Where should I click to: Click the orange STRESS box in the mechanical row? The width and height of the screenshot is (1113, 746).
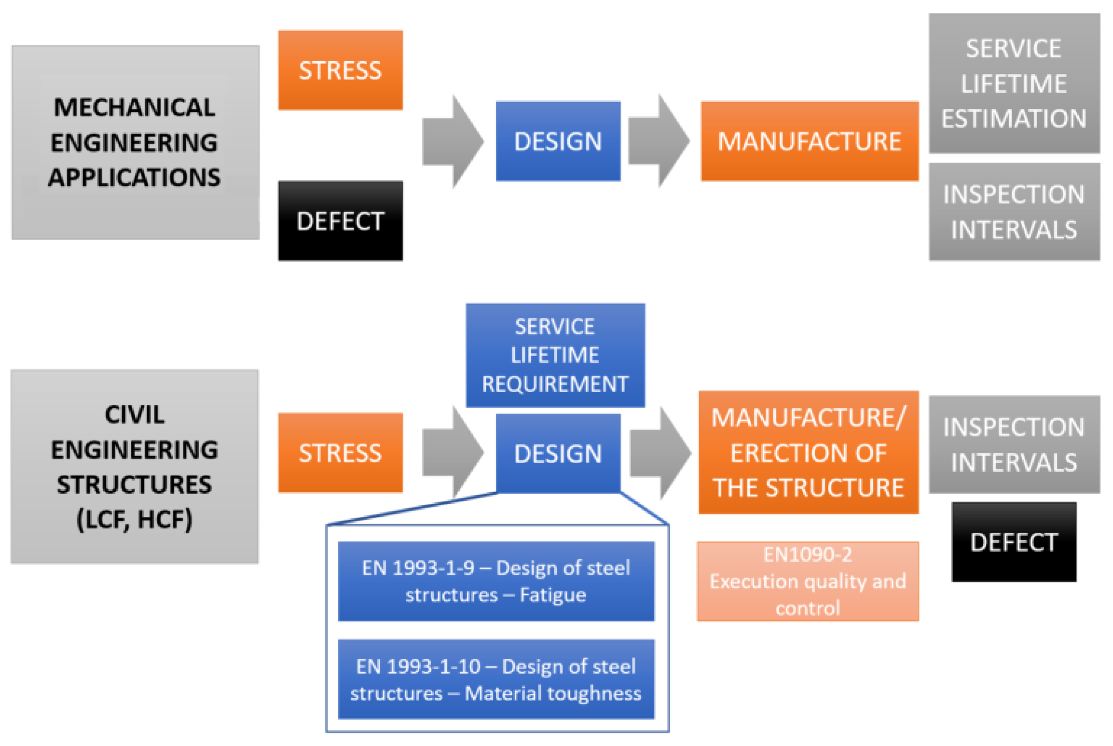click(x=340, y=70)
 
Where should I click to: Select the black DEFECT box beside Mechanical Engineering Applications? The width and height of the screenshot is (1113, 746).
click(x=340, y=221)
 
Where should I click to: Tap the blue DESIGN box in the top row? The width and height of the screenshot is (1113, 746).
click(x=558, y=141)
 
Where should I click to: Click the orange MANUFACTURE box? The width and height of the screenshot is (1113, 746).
click(x=809, y=141)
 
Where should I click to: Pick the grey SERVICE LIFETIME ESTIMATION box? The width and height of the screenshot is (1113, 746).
click(x=1014, y=83)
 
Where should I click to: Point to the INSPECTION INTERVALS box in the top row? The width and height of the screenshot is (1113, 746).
click(x=1014, y=212)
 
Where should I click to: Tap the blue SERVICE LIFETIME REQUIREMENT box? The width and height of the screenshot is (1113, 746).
click(x=555, y=355)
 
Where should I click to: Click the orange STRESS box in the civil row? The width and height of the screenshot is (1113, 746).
click(x=340, y=453)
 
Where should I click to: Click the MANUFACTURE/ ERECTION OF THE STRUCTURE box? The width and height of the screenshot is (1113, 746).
click(x=808, y=453)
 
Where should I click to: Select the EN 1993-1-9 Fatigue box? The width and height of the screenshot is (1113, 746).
click(x=495, y=581)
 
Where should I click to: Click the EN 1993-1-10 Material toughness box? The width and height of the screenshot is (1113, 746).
click(x=495, y=679)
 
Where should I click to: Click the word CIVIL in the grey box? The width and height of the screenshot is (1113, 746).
click(x=135, y=414)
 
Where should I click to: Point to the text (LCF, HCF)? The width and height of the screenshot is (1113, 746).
click(x=135, y=519)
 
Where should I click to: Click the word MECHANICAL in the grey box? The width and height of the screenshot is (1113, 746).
click(x=135, y=107)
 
